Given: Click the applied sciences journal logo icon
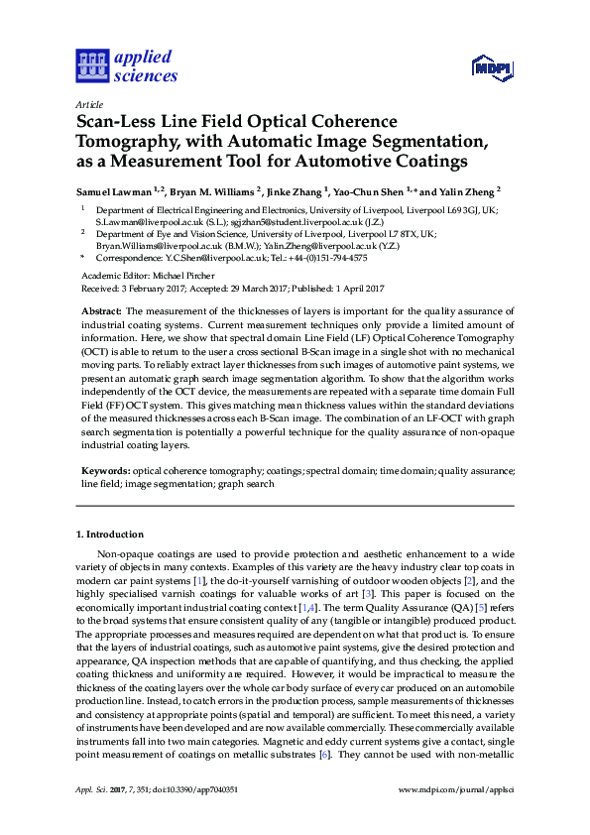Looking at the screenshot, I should [90, 65].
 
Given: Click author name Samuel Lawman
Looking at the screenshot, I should [116, 189].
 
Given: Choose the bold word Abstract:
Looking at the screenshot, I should [101, 311].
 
